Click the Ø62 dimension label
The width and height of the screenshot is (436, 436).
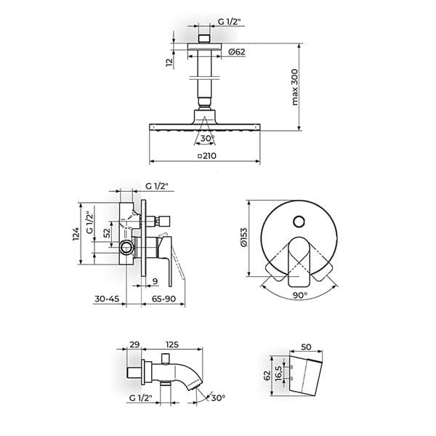237,52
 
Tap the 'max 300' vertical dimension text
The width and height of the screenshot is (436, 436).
295,87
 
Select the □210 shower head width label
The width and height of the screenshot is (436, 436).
207,156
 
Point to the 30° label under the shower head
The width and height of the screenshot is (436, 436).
208,138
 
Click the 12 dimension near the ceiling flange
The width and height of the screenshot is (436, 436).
169,62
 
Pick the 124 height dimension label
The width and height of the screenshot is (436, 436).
76,235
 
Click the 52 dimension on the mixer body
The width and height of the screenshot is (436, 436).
107,233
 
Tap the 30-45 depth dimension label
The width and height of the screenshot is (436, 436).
107,299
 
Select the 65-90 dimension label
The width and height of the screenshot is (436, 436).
163,299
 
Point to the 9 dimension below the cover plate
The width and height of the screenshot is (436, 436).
156,281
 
